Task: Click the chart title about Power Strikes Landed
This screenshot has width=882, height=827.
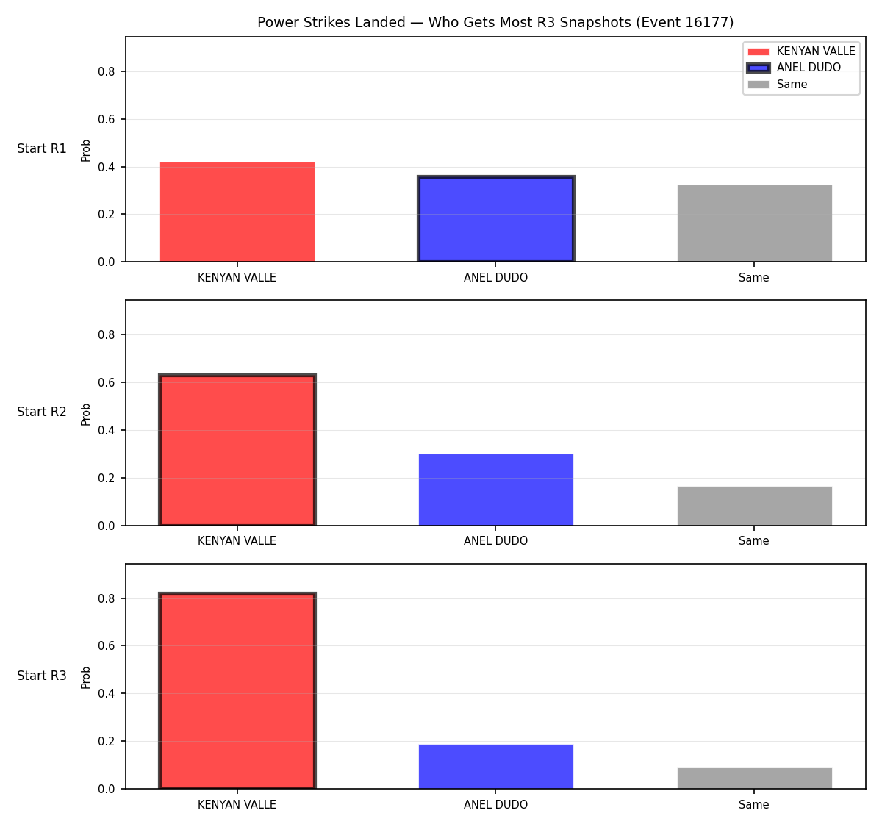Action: pyautogui.click(x=495, y=22)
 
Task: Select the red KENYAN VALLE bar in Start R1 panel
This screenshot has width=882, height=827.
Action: pyautogui.click(x=237, y=212)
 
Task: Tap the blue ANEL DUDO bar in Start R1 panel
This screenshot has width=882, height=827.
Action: pyautogui.click(x=495, y=218)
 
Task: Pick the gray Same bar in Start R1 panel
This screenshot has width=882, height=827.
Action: pyautogui.click(x=755, y=223)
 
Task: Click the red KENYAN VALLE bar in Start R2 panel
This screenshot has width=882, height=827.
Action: pyautogui.click(x=237, y=450)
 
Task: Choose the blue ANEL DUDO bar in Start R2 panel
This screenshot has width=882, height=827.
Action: pyautogui.click(x=495, y=490)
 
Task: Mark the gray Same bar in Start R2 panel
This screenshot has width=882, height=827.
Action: pyautogui.click(x=755, y=506)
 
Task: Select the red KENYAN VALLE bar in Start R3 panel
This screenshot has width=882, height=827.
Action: pyautogui.click(x=237, y=691)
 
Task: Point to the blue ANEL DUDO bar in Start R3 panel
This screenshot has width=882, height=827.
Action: pyautogui.click(x=495, y=767)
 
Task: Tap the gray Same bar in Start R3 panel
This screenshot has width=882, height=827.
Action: pyautogui.click(x=755, y=778)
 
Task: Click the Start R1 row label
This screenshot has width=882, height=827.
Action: pyautogui.click(x=42, y=148)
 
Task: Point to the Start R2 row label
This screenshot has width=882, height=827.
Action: pyautogui.click(x=42, y=412)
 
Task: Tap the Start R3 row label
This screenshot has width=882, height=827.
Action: pyautogui.click(x=42, y=676)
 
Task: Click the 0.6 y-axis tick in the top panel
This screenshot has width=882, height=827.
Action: pyautogui.click(x=106, y=120)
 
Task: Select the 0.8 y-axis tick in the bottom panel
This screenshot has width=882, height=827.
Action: pyautogui.click(x=106, y=598)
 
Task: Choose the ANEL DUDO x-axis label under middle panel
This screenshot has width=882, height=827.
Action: pyautogui.click(x=495, y=541)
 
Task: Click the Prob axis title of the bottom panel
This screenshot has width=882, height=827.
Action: pyautogui.click(x=86, y=678)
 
